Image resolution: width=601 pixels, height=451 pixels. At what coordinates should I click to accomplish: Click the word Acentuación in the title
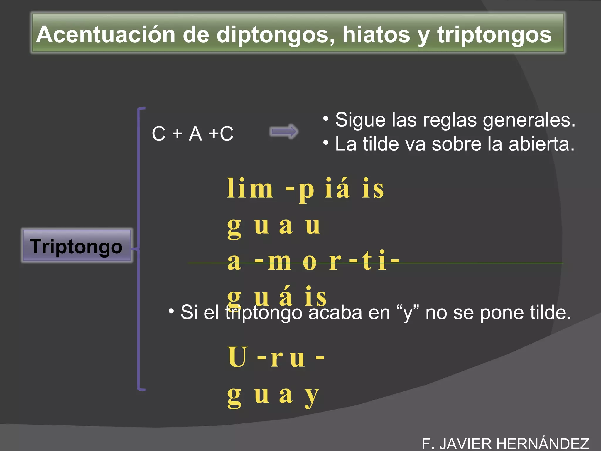tap(105, 35)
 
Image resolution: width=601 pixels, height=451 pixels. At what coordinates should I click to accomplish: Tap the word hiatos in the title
tap(376, 35)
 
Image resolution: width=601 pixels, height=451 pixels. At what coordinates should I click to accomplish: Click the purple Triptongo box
tap(76, 246)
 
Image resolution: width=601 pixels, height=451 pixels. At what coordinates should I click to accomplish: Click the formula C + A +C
tap(193, 134)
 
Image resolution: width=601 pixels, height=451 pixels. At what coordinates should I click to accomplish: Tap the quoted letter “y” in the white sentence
tap(407, 313)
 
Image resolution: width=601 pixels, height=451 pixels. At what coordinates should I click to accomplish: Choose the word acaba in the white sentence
tap(335, 312)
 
